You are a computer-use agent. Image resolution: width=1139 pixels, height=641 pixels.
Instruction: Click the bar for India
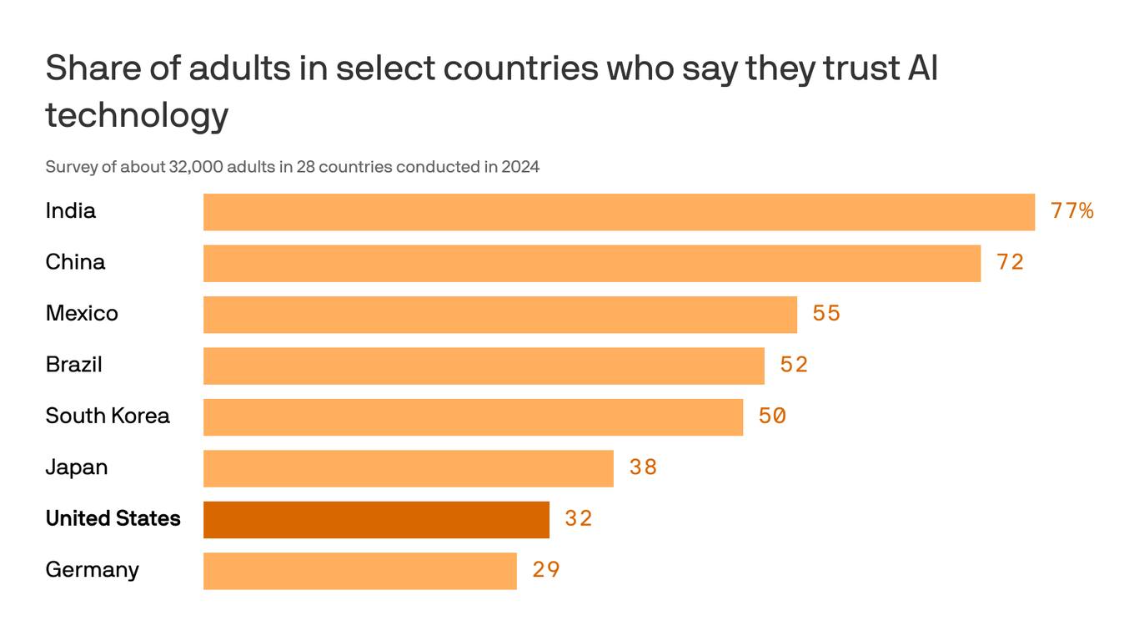pyautogui.click(x=619, y=212)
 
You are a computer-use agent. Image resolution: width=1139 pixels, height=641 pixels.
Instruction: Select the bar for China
pyautogui.click(x=592, y=263)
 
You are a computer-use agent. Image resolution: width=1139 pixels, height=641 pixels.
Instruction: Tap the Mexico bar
pyautogui.click(x=500, y=315)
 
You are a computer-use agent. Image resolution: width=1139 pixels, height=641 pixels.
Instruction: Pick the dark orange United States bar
pyautogui.click(x=376, y=519)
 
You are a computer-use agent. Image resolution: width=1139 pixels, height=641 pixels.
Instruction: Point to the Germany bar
pyautogui.click(x=360, y=571)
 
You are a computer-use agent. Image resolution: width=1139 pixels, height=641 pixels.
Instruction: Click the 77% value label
pyautogui.click(x=1072, y=211)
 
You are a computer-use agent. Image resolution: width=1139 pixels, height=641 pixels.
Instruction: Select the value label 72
pyautogui.click(x=1010, y=262)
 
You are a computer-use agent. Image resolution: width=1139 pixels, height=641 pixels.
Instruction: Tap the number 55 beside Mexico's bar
pyautogui.click(x=826, y=314)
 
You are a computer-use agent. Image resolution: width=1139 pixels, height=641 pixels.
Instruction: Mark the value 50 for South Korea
pyautogui.click(x=772, y=416)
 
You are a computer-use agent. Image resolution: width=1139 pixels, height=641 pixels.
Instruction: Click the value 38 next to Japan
pyautogui.click(x=643, y=467)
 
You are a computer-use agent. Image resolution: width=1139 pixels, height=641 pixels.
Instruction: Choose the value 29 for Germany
pyautogui.click(x=546, y=570)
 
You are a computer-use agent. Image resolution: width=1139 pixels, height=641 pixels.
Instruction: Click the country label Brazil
pyautogui.click(x=74, y=365)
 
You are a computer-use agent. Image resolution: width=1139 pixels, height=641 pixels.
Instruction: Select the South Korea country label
pyautogui.click(x=108, y=416)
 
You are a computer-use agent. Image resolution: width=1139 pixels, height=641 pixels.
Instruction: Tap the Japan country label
pyautogui.click(x=77, y=467)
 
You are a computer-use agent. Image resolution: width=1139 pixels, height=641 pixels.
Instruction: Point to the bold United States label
pyautogui.click(x=113, y=518)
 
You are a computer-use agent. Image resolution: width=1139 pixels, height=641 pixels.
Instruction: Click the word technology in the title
pyautogui.click(x=137, y=114)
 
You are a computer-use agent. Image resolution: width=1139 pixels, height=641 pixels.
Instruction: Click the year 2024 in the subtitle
pyautogui.click(x=520, y=167)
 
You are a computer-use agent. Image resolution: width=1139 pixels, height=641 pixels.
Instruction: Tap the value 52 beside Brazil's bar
pyautogui.click(x=794, y=365)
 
